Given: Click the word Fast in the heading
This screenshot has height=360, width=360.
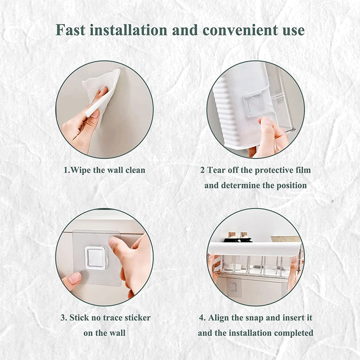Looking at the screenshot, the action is tap(71, 30).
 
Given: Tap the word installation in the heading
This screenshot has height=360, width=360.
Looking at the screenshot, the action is tap(128, 30).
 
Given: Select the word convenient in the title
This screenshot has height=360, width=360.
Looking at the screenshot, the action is tap(240, 31).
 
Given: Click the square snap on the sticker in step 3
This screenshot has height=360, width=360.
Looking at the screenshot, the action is tap(96, 258).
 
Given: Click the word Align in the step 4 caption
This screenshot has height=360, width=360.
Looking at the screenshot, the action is tap(219, 318).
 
